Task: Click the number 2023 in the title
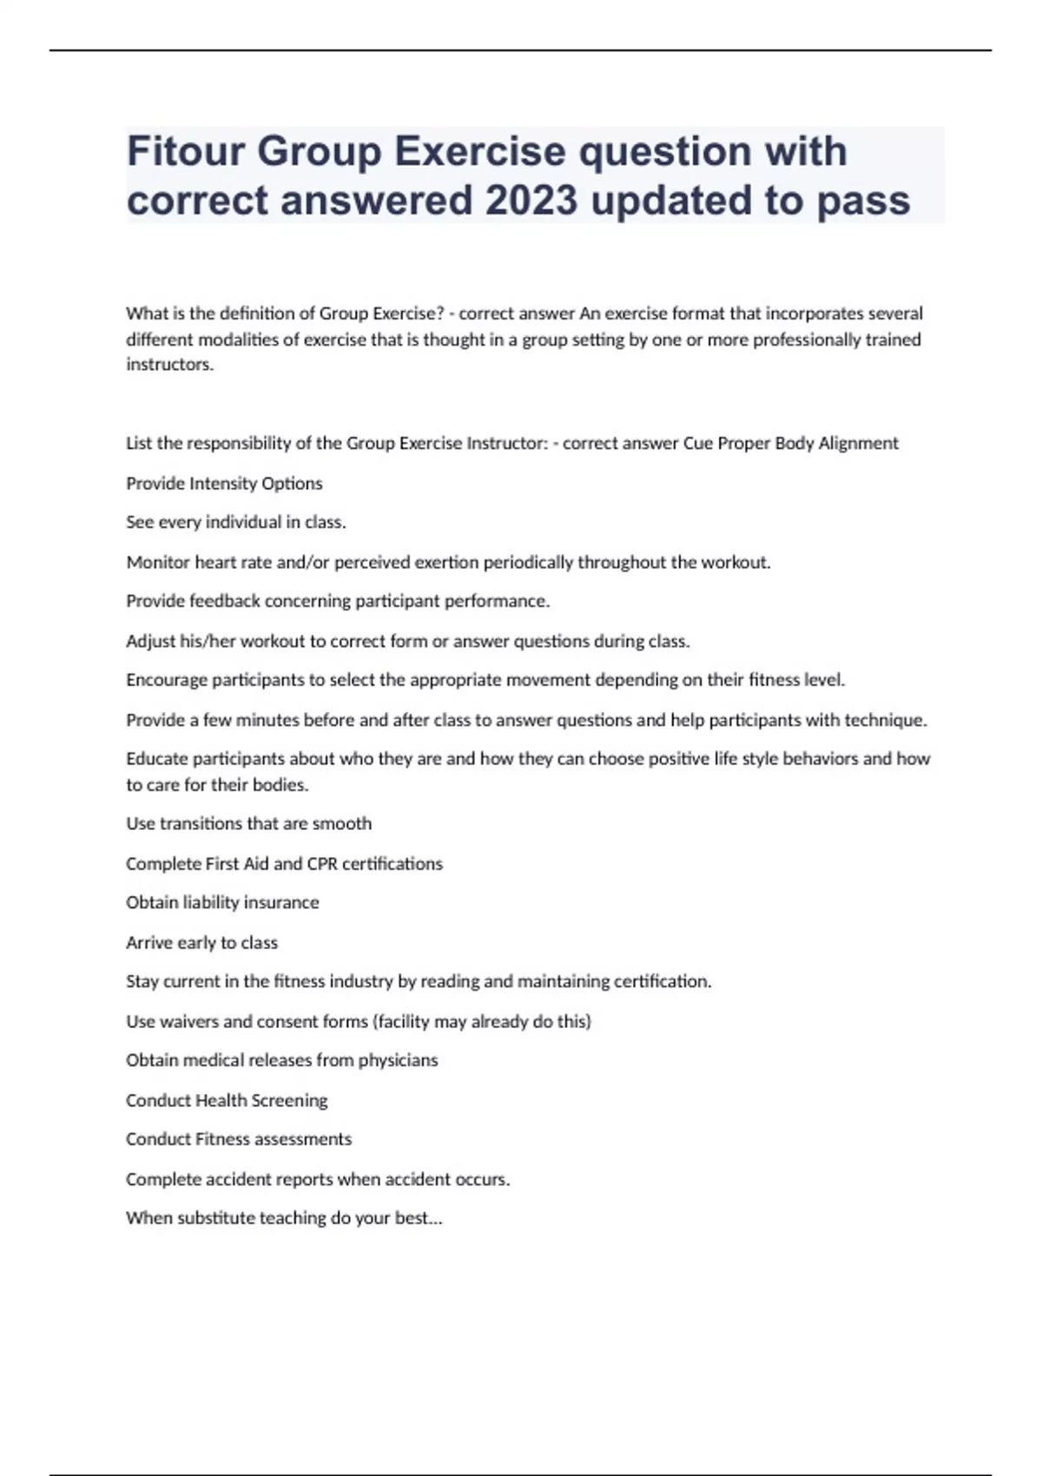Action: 531,201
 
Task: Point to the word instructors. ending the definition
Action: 169,365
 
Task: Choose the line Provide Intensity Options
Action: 224,484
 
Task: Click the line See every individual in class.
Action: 235,523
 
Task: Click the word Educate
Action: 157,759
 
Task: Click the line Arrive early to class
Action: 201,943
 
